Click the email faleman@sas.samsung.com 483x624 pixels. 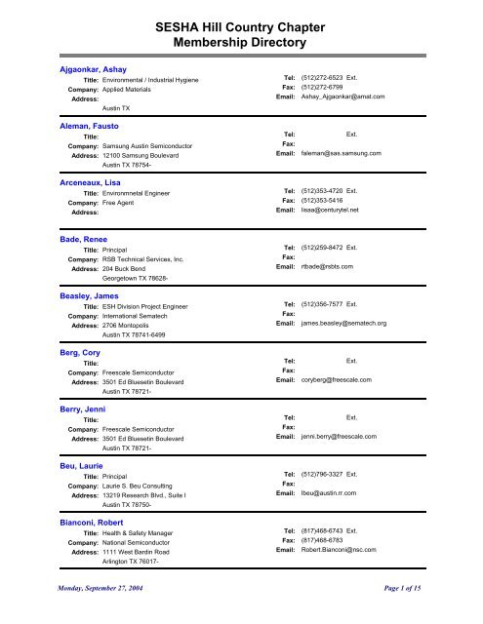click(x=341, y=153)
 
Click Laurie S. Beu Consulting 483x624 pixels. click(x=150, y=485)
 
